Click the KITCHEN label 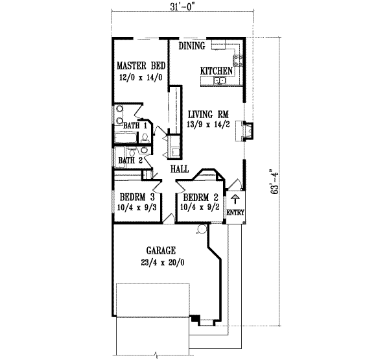215,70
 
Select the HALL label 179,169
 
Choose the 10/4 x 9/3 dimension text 136,208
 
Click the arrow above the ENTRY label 235,198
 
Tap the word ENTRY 234,213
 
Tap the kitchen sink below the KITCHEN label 220,81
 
